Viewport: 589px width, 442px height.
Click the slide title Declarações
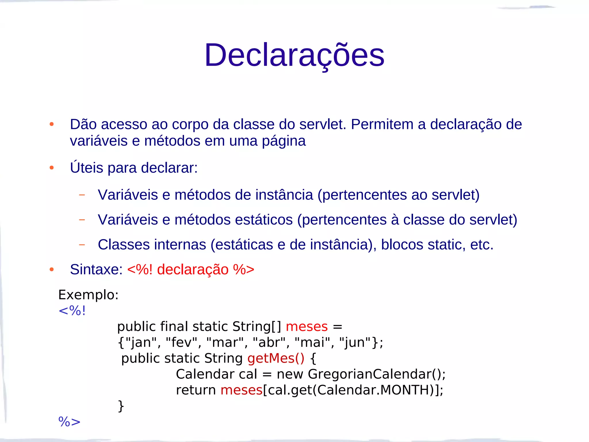294,55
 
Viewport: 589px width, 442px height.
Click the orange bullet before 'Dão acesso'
52,124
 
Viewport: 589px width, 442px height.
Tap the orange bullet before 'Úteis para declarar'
52,167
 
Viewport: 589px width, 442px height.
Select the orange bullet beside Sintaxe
52,269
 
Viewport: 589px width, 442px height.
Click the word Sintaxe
96,270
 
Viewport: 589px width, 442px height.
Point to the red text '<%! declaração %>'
191,270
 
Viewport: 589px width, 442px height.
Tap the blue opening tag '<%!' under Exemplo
72,311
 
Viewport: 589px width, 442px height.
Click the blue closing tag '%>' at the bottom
69,422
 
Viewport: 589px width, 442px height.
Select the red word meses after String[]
307,327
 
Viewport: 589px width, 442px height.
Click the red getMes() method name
276,359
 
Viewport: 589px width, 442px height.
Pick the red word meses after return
241,390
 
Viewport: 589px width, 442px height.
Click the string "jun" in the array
355,342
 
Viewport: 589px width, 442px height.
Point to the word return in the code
196,390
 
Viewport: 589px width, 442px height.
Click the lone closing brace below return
121,406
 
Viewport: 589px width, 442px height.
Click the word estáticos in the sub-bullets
264,220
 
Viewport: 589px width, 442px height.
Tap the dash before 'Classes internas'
82,245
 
